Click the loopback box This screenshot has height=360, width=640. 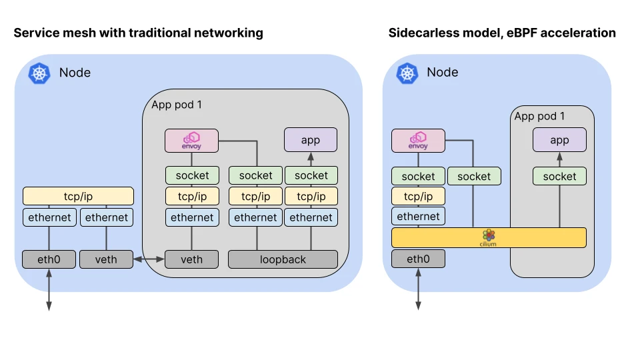(x=283, y=259)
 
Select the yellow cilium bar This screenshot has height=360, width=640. (x=489, y=237)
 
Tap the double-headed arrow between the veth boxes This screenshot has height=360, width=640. (x=149, y=259)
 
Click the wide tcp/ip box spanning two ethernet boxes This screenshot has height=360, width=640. (x=78, y=196)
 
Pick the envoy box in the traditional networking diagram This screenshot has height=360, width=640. (x=191, y=141)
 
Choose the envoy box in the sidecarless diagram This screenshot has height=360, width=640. (x=418, y=141)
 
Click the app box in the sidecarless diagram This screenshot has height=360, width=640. (x=559, y=140)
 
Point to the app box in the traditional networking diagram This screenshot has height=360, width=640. (x=311, y=140)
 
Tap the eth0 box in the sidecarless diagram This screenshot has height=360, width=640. (x=418, y=259)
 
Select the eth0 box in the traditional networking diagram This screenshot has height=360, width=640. (x=49, y=259)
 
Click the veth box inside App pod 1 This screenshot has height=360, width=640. (x=191, y=259)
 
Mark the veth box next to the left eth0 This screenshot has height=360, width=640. (x=106, y=259)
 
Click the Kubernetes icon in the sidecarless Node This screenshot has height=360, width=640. (x=407, y=73)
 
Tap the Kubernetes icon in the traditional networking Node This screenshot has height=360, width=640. (x=39, y=73)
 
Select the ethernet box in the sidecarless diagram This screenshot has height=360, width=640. (x=418, y=216)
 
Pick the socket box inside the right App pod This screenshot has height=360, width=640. (x=559, y=176)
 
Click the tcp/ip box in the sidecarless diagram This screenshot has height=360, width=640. (x=418, y=196)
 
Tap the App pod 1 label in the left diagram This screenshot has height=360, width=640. (x=177, y=105)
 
